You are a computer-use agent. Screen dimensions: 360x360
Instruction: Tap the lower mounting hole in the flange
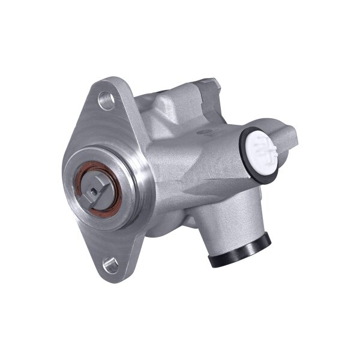tap(109, 262)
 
